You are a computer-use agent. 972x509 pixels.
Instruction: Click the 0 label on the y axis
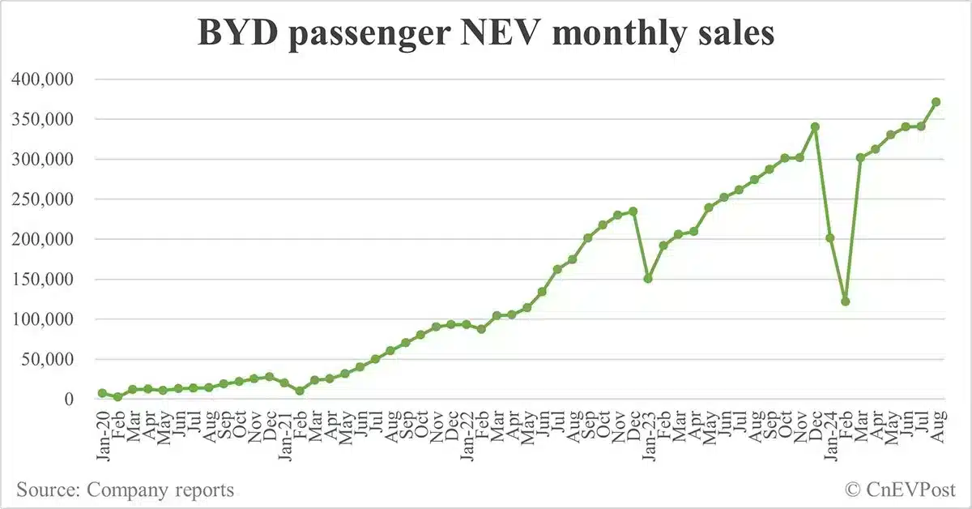click(x=70, y=400)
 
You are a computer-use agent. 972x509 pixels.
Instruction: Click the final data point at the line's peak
click(x=936, y=102)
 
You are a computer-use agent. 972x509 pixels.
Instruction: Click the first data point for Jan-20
click(x=103, y=393)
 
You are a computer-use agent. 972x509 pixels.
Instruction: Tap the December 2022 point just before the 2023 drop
click(x=633, y=211)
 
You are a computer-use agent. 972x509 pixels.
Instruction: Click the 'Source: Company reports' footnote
click(x=125, y=490)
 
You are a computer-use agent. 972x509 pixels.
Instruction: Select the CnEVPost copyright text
click(x=899, y=490)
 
